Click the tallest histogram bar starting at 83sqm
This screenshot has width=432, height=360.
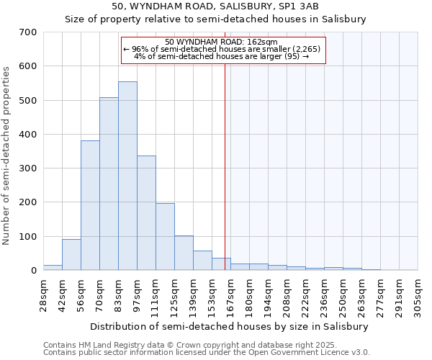(127, 176)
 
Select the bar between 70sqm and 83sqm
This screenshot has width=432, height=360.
(109, 184)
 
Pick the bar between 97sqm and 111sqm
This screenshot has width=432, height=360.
(146, 213)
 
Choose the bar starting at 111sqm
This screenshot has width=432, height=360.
(165, 237)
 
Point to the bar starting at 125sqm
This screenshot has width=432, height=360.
(184, 253)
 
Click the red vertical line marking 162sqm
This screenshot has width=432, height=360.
(225, 166)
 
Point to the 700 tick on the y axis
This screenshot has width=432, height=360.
(28, 32)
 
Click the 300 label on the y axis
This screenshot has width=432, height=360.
(28, 168)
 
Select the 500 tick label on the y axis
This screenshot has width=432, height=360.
(28, 101)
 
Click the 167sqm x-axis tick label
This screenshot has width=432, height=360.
(230, 295)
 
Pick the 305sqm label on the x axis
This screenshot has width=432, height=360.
(418, 295)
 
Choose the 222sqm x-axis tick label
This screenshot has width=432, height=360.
(305, 295)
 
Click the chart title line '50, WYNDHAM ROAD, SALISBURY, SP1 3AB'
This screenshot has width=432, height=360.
(216, 6)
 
